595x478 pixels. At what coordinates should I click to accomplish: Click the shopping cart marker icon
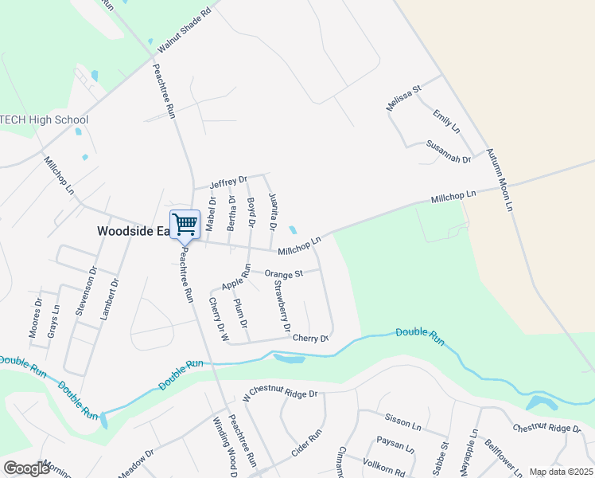(185, 224)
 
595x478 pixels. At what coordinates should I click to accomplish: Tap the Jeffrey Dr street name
(228, 182)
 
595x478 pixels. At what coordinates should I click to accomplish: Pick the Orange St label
(284, 273)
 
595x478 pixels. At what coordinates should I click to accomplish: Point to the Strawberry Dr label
(282, 307)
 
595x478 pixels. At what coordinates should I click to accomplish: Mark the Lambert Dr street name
(109, 299)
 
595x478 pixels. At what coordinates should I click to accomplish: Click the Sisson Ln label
(402, 421)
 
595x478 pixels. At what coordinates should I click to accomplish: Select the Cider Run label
(305, 443)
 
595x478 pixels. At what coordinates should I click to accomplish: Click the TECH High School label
(45, 120)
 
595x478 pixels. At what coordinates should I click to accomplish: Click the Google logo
(26, 468)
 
